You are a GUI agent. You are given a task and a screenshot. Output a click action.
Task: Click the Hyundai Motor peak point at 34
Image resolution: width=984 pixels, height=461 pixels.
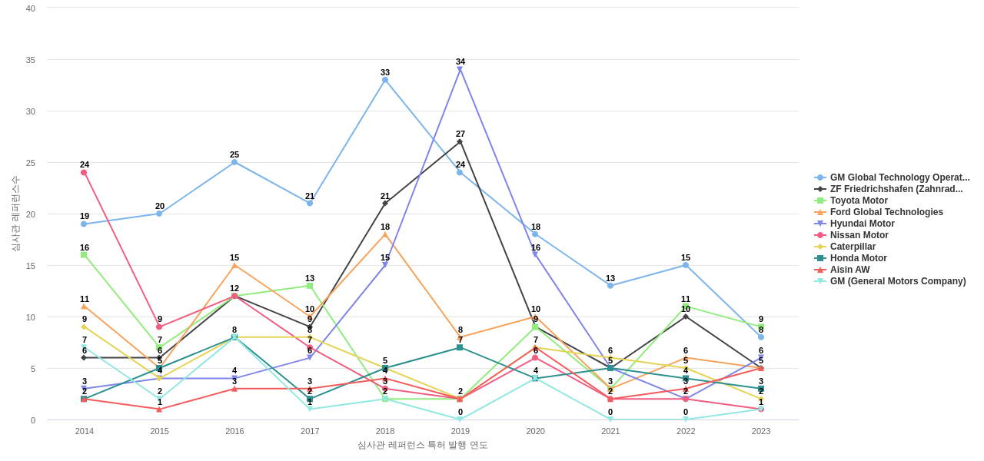pyautogui.click(x=460, y=70)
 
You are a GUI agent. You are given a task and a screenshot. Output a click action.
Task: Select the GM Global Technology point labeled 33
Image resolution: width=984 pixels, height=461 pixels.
pyautogui.click(x=385, y=80)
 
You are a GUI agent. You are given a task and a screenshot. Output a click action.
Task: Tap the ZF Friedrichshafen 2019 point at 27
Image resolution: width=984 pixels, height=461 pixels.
pyautogui.click(x=460, y=141)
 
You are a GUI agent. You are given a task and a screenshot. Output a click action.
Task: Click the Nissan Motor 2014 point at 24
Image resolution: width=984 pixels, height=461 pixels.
pyautogui.click(x=84, y=172)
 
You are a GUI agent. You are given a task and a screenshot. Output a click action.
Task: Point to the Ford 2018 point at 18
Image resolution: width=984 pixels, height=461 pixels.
pyautogui.click(x=385, y=234)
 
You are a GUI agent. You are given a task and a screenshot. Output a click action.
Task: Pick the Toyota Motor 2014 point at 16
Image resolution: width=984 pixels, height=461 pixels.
pyautogui.click(x=84, y=254)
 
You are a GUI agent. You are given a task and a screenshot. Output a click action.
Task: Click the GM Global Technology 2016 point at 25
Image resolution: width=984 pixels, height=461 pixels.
pyautogui.click(x=234, y=162)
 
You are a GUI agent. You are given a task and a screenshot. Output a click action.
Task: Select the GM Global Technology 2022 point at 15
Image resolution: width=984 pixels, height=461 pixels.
pyautogui.click(x=686, y=265)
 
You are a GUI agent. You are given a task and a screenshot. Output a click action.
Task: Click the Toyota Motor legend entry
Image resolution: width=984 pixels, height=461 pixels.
pyautogui.click(x=858, y=201)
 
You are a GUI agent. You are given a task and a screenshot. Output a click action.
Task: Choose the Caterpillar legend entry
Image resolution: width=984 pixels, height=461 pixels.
pyautogui.click(x=853, y=247)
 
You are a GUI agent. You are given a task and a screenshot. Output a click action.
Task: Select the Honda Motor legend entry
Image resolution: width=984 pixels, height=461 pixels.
pyautogui.click(x=858, y=258)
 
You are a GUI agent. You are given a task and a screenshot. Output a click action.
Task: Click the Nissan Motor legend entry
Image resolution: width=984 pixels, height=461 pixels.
pyautogui.click(x=859, y=235)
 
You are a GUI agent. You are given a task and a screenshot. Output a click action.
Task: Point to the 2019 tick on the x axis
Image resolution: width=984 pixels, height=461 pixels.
pyautogui.click(x=460, y=431)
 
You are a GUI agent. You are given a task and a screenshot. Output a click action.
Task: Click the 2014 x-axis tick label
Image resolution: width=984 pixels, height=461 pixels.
pyautogui.click(x=84, y=431)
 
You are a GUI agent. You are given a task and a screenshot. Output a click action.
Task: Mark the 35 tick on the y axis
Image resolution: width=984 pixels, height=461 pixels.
pyautogui.click(x=31, y=60)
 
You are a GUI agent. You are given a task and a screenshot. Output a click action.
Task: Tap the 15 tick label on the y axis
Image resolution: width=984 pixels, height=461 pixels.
pyautogui.click(x=31, y=266)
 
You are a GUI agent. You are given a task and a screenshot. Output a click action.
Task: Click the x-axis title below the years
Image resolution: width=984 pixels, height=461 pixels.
pyautogui.click(x=422, y=445)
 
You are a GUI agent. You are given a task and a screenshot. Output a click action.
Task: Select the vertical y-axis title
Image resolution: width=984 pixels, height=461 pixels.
pyautogui.click(x=15, y=214)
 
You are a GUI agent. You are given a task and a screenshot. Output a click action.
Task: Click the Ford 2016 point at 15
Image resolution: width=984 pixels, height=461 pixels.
pyautogui.click(x=234, y=265)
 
